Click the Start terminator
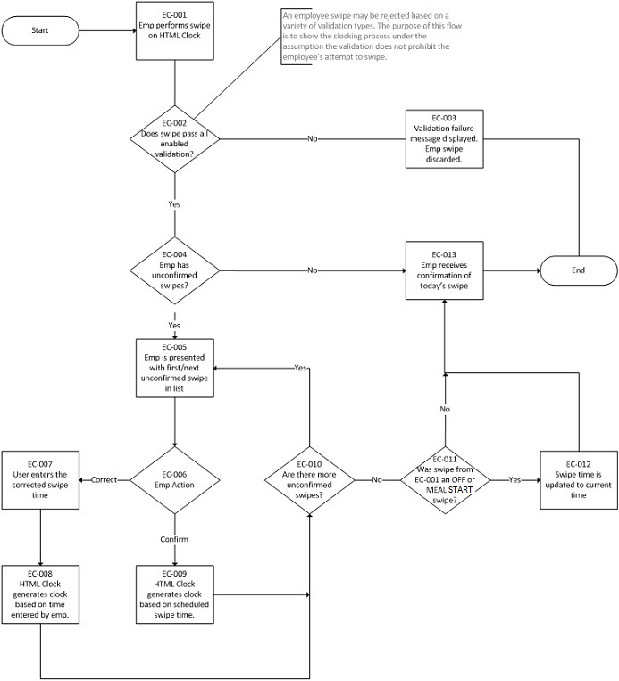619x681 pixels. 41,30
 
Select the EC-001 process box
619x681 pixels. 174,30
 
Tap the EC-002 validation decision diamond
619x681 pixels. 175,139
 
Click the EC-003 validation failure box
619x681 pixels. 444,139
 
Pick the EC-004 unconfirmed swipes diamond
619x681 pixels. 175,269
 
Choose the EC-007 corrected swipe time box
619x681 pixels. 40,479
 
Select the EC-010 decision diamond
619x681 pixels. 309,479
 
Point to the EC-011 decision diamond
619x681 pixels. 443,479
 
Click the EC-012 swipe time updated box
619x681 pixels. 578,479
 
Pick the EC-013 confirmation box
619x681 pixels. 444,269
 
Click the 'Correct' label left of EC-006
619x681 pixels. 104,479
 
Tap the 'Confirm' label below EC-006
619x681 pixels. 174,539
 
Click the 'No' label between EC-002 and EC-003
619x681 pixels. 312,139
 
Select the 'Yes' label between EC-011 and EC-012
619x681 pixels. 514,479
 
